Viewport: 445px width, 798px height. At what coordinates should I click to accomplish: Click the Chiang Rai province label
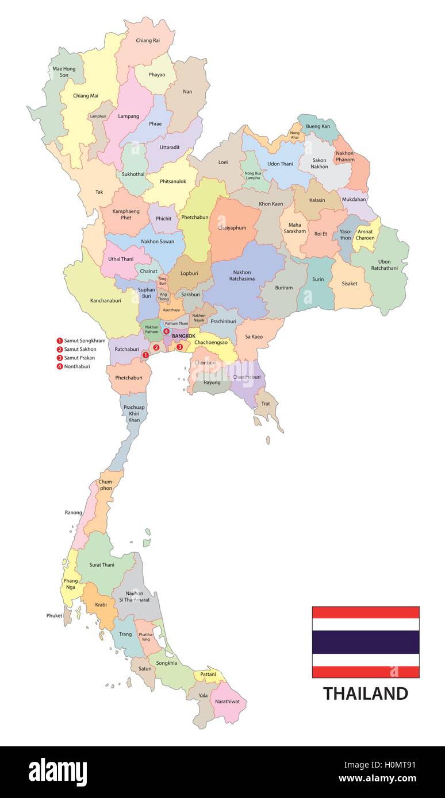148,41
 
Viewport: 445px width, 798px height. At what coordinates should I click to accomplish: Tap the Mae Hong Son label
64,72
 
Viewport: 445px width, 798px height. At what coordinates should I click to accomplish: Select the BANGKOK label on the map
183,336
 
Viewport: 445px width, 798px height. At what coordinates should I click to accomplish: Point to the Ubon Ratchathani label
380,265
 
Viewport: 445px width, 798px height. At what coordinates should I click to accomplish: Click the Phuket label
54,615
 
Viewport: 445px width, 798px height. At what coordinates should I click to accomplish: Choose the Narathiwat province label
228,702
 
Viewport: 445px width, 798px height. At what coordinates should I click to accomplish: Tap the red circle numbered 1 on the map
145,355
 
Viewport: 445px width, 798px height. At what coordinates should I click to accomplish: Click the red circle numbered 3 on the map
179,347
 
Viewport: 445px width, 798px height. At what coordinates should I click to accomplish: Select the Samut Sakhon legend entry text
80,349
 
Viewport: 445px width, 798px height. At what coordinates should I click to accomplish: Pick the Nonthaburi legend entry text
79,366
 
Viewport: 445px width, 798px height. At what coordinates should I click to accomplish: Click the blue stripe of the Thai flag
365,642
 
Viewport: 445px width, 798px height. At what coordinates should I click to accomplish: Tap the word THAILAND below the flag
365,694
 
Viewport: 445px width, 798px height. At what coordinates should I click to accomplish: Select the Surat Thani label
102,565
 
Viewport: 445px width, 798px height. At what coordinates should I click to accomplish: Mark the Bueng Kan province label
318,126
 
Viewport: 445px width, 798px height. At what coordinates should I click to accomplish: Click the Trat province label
265,404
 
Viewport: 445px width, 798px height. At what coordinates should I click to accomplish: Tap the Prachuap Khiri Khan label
134,413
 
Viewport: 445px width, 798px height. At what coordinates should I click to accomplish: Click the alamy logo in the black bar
57,772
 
